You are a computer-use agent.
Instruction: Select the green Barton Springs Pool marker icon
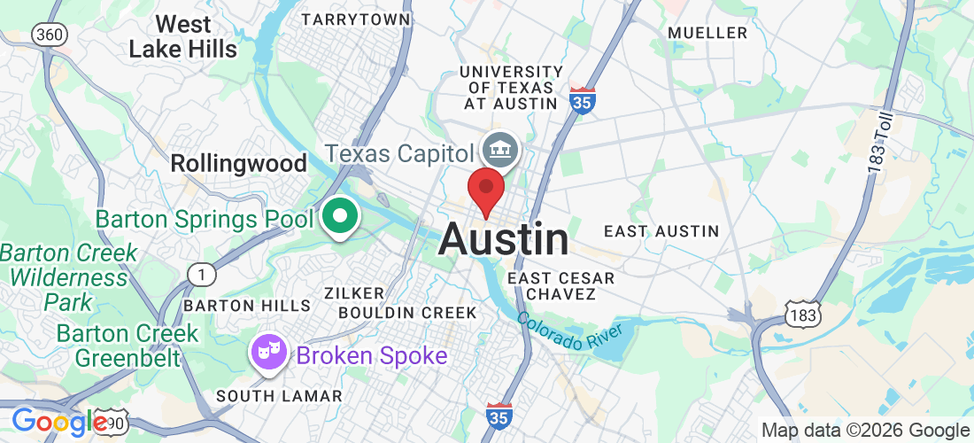click(x=339, y=215)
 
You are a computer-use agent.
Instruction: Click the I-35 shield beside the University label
click(x=582, y=101)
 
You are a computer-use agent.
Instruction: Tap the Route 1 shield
click(x=202, y=276)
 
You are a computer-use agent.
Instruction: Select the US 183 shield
click(x=803, y=313)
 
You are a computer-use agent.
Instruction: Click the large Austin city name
click(x=504, y=239)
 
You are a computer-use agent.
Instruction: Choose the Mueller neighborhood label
click(x=707, y=33)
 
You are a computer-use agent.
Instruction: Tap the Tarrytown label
click(x=356, y=19)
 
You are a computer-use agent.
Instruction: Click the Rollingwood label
click(x=238, y=163)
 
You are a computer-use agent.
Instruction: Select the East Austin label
click(x=661, y=231)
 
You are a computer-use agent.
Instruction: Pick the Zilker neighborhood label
click(x=354, y=293)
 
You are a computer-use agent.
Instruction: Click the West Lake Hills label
click(x=183, y=36)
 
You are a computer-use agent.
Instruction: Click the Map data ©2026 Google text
click(x=865, y=431)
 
